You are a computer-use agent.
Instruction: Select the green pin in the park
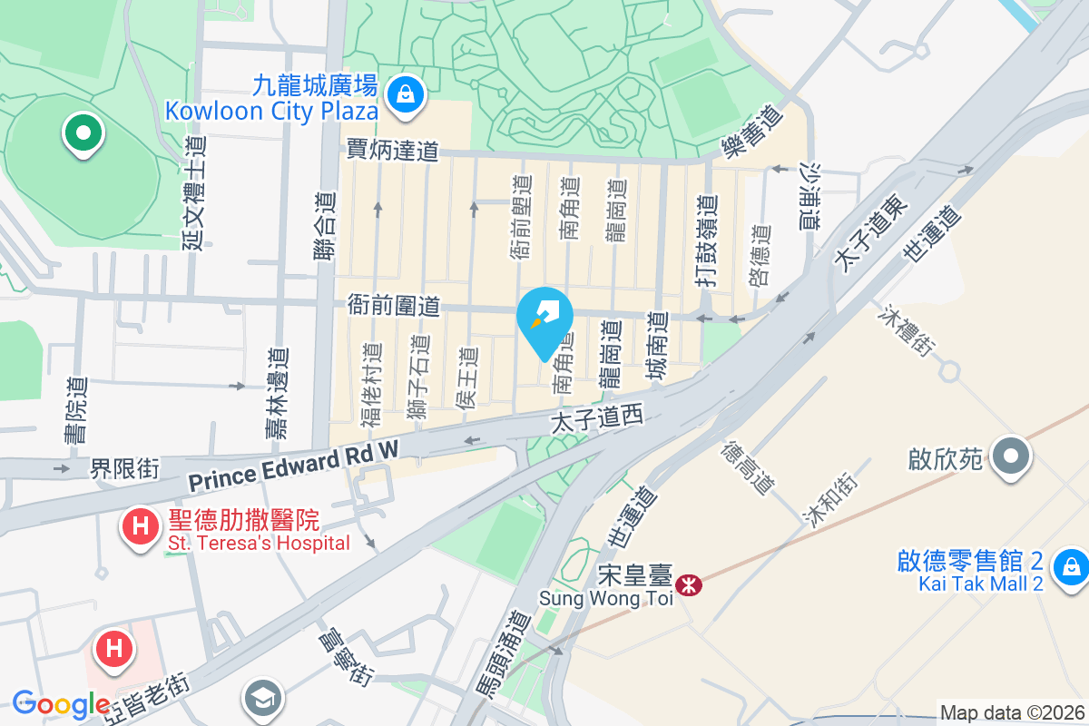click(x=83, y=133)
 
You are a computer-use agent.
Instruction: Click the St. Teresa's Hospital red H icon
click(x=141, y=525)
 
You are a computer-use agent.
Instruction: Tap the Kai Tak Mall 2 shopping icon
click(x=1071, y=569)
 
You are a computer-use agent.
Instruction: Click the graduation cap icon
click(x=264, y=699)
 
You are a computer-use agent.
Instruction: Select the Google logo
click(x=61, y=704)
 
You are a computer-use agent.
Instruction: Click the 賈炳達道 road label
click(x=393, y=150)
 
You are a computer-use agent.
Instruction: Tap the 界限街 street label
click(x=124, y=468)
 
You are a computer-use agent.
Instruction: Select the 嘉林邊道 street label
click(x=277, y=395)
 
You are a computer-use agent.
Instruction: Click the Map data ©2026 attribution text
click(x=1012, y=713)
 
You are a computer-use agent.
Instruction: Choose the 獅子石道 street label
click(x=418, y=378)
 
